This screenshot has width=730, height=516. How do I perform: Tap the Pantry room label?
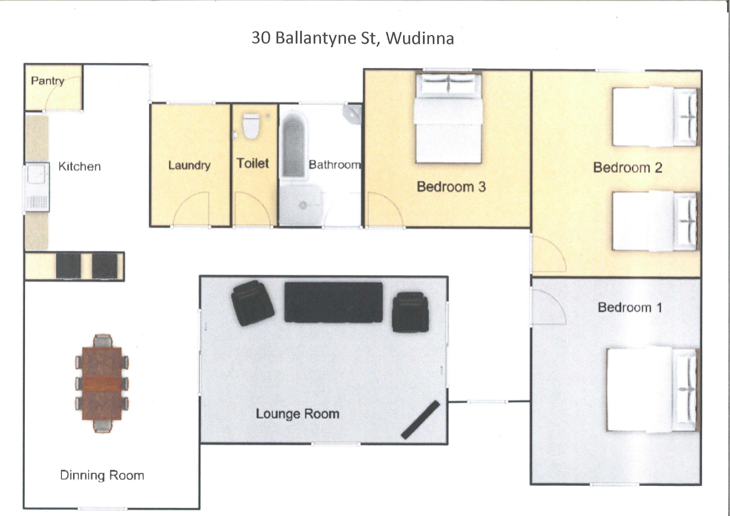tap(48, 81)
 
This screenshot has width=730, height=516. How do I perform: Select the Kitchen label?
tap(80, 166)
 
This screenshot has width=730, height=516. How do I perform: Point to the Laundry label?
tap(189, 165)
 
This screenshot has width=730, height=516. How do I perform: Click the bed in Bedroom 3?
tap(448, 118)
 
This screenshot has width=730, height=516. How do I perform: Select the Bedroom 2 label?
tap(628, 167)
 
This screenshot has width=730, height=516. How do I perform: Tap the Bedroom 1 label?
tap(630, 307)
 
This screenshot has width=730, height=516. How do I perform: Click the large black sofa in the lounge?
tap(333, 302)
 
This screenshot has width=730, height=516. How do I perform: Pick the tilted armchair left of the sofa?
tap(253, 303)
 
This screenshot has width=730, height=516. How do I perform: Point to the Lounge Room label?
tap(298, 414)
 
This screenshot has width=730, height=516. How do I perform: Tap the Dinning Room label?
tap(102, 475)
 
